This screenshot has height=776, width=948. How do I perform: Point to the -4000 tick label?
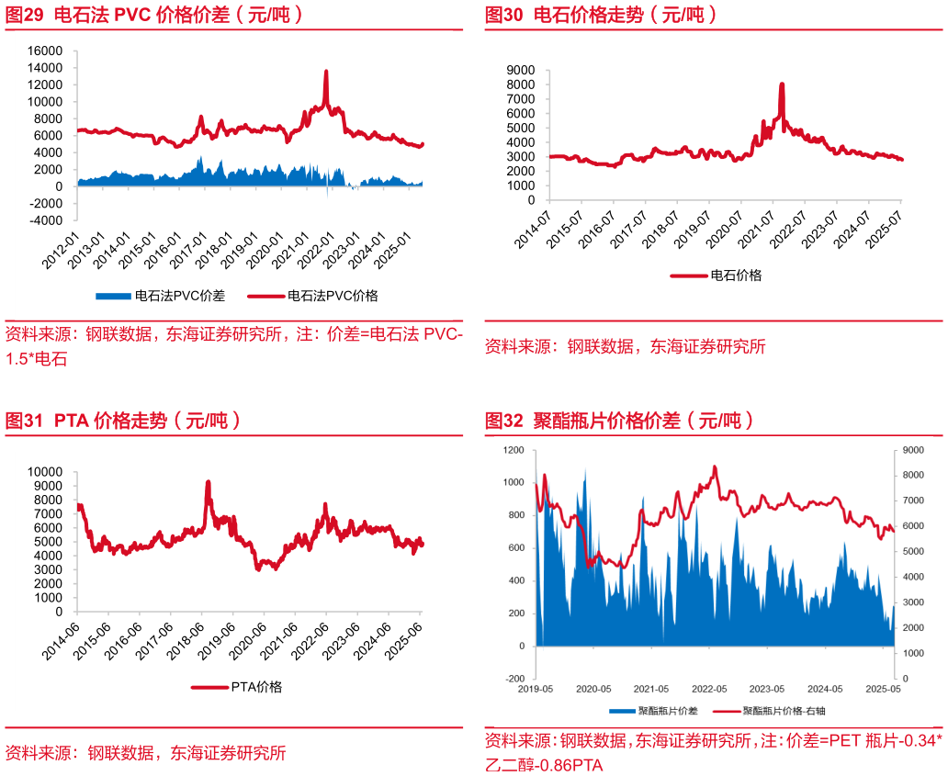44,220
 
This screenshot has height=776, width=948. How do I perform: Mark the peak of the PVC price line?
325,72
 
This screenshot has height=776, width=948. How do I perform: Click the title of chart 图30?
601,15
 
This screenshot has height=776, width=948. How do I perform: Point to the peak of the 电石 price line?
782,84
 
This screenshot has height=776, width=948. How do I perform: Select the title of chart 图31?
123,421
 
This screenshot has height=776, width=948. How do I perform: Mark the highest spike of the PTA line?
208,481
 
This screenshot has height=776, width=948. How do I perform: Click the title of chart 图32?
619,421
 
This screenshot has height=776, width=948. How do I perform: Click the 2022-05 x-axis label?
709,689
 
